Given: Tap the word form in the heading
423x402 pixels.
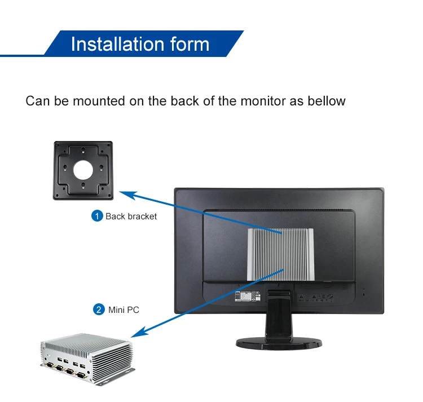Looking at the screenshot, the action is point(189,44).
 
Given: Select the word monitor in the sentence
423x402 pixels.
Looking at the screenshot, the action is point(263,101).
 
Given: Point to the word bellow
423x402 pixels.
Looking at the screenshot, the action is point(326,101).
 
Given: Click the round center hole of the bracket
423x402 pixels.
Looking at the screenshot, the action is point(83,169).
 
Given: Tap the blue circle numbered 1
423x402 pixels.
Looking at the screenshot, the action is point(97,216).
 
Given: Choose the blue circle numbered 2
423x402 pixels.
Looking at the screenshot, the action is point(98,310).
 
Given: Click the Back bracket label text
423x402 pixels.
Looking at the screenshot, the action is point(131,217).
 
